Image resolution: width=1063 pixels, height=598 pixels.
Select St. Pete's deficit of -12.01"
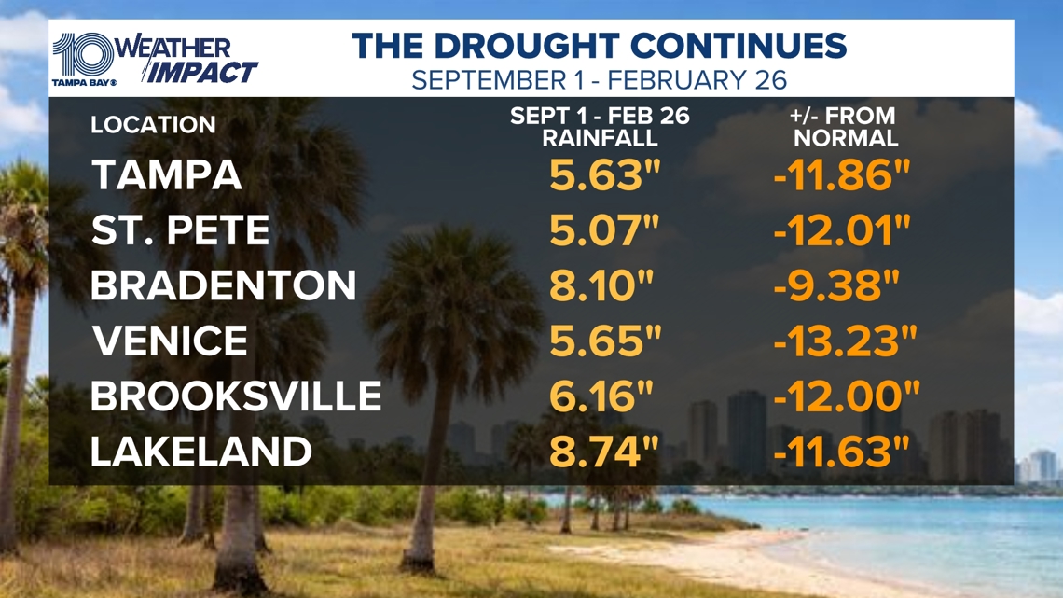click(841, 231)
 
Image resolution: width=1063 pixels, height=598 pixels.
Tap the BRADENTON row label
click(224, 286)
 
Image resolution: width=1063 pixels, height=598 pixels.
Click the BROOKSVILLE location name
click(236, 396)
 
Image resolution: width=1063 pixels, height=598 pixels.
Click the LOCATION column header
click(153, 125)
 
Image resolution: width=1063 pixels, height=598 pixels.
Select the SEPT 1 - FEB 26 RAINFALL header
click(600, 128)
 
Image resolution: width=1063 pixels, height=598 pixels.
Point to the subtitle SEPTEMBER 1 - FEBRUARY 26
click(600, 79)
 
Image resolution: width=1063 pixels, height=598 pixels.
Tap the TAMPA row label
click(167, 176)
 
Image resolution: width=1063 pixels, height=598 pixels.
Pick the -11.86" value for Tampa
click(841, 176)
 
